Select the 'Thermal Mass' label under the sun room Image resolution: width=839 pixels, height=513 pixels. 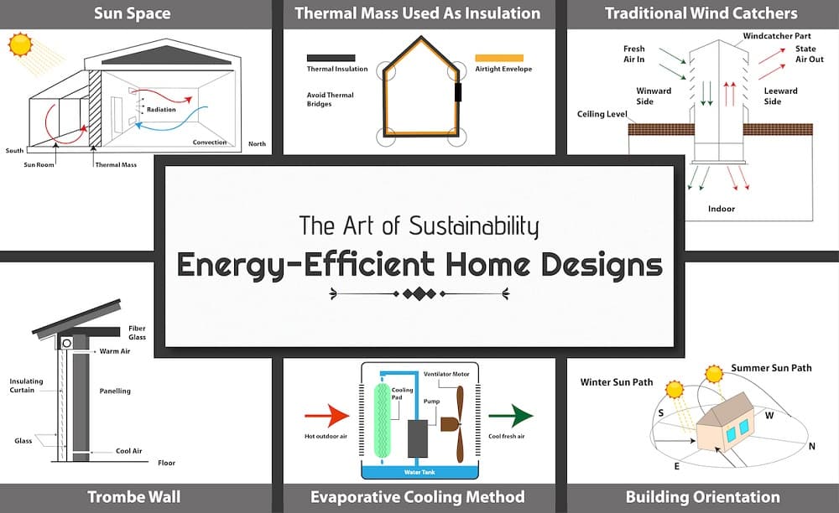(117, 164)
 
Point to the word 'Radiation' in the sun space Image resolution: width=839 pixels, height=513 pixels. (161, 110)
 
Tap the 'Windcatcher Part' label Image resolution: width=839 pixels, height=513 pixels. (774, 38)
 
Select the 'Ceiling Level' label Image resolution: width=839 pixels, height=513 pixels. (602, 113)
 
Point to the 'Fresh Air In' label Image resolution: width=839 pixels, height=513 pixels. (634, 54)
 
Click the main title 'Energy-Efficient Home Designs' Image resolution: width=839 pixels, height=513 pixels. (419, 264)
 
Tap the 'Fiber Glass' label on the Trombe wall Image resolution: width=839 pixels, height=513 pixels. (137, 332)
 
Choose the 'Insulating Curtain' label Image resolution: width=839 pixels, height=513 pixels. (26, 386)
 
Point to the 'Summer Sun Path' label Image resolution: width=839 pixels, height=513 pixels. (771, 368)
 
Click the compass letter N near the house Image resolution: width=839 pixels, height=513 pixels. (811, 446)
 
